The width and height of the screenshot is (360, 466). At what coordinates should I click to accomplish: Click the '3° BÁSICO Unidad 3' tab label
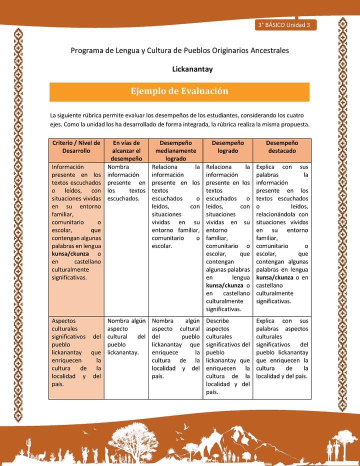pyautogui.click(x=283, y=25)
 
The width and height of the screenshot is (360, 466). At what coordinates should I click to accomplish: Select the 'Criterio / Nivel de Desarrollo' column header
pyautogui.click(x=76, y=146)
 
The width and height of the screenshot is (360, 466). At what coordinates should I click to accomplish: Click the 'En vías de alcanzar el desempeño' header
pyautogui.click(x=126, y=150)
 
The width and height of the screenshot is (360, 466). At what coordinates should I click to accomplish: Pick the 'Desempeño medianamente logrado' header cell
pyautogui.click(x=175, y=150)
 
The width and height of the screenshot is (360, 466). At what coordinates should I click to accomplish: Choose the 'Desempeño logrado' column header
pyautogui.click(x=227, y=146)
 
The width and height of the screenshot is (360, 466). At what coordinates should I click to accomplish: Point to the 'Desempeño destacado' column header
pyautogui.click(x=281, y=146)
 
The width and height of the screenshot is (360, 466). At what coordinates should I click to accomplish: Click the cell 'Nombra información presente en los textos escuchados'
pyautogui.click(x=126, y=182)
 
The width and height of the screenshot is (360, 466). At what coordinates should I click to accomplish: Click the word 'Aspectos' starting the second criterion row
pyautogui.click(x=64, y=320)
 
